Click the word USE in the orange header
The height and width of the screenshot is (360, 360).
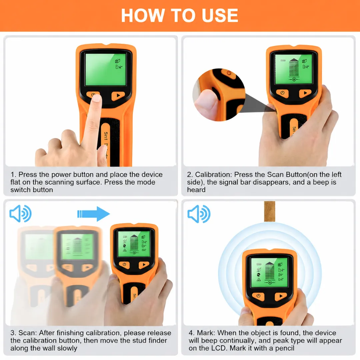[x=220, y=15]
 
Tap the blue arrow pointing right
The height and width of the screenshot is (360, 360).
[x=93, y=214]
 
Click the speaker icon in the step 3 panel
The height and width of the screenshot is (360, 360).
[x=20, y=214]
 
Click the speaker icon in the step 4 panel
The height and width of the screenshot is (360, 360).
[x=199, y=214]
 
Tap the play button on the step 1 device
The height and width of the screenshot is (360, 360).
[x=118, y=96]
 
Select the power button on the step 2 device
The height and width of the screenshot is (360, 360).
[x=282, y=93]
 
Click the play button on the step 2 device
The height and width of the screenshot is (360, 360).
[x=305, y=93]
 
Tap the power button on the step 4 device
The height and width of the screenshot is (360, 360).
[x=258, y=296]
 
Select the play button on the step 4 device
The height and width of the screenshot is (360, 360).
[x=281, y=296]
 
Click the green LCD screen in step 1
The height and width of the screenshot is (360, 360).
[x=106, y=70]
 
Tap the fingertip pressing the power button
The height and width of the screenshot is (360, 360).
[x=97, y=98]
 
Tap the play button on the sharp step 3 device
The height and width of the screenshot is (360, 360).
[x=144, y=265]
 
